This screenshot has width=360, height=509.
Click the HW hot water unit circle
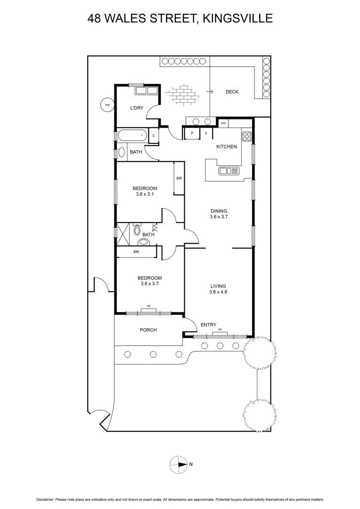[107, 105]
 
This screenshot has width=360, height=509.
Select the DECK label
[232, 92]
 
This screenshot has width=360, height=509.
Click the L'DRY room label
[137, 108]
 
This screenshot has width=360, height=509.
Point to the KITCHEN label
[226, 147]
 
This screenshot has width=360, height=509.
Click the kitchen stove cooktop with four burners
[247, 137]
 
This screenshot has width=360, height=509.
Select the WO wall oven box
[224, 123]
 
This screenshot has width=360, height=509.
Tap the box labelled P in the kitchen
[192, 134]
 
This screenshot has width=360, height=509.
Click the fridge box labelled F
[206, 134]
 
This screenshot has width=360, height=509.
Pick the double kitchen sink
[229, 171]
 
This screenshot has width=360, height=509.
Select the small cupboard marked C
[154, 136]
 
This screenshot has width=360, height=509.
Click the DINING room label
[219, 211]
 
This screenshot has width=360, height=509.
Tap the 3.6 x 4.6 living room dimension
[219, 292]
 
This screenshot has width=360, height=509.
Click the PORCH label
[148, 330]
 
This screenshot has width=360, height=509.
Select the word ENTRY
[208, 325]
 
